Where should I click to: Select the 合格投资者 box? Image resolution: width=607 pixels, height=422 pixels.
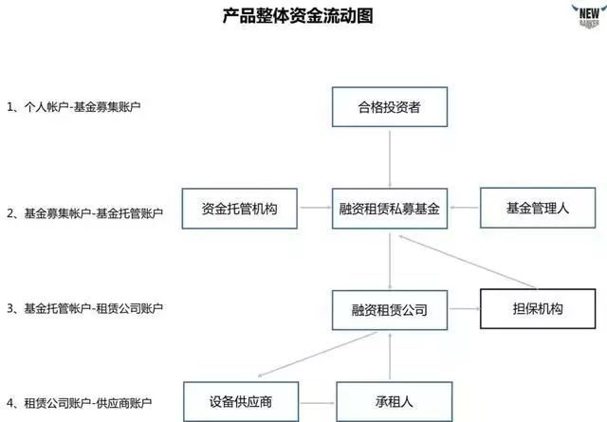[x=388, y=107]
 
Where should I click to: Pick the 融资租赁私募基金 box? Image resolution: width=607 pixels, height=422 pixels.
[x=388, y=208]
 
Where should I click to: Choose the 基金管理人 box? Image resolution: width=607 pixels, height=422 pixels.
[x=537, y=208]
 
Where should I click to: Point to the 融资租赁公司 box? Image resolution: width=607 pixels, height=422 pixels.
[x=388, y=309]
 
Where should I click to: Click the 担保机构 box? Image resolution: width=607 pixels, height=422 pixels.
[x=537, y=309]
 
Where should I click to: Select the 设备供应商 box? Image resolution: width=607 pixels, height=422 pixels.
[x=241, y=402]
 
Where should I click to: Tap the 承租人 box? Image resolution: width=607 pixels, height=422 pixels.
[x=388, y=402]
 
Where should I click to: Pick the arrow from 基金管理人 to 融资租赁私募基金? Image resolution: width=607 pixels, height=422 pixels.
[x=462, y=209]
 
